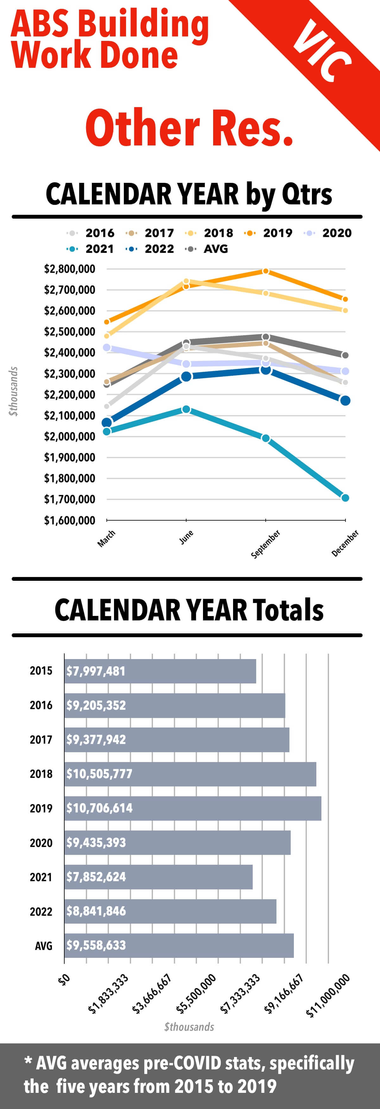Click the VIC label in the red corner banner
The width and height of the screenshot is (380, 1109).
pyautogui.click(x=322, y=52)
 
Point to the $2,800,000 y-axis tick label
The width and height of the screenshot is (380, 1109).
pyautogui.click(x=69, y=269)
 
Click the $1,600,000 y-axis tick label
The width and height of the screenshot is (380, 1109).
pyautogui.click(x=69, y=521)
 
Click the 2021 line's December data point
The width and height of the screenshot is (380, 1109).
pyautogui.click(x=345, y=498)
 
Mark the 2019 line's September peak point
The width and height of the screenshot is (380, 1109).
pyautogui.click(x=266, y=271)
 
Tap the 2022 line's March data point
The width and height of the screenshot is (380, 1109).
pyautogui.click(x=107, y=423)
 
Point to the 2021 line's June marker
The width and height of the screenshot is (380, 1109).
pyautogui.click(x=186, y=409)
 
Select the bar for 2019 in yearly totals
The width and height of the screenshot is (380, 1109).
pyautogui.click(x=193, y=808)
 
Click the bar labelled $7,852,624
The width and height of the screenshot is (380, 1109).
pyautogui.click(x=158, y=877)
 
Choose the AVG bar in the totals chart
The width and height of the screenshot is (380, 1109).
pyautogui.click(x=179, y=946)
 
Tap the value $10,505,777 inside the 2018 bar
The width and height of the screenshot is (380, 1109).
pyautogui.click(x=99, y=774)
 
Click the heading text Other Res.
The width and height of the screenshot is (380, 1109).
pyautogui.click(x=189, y=128)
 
